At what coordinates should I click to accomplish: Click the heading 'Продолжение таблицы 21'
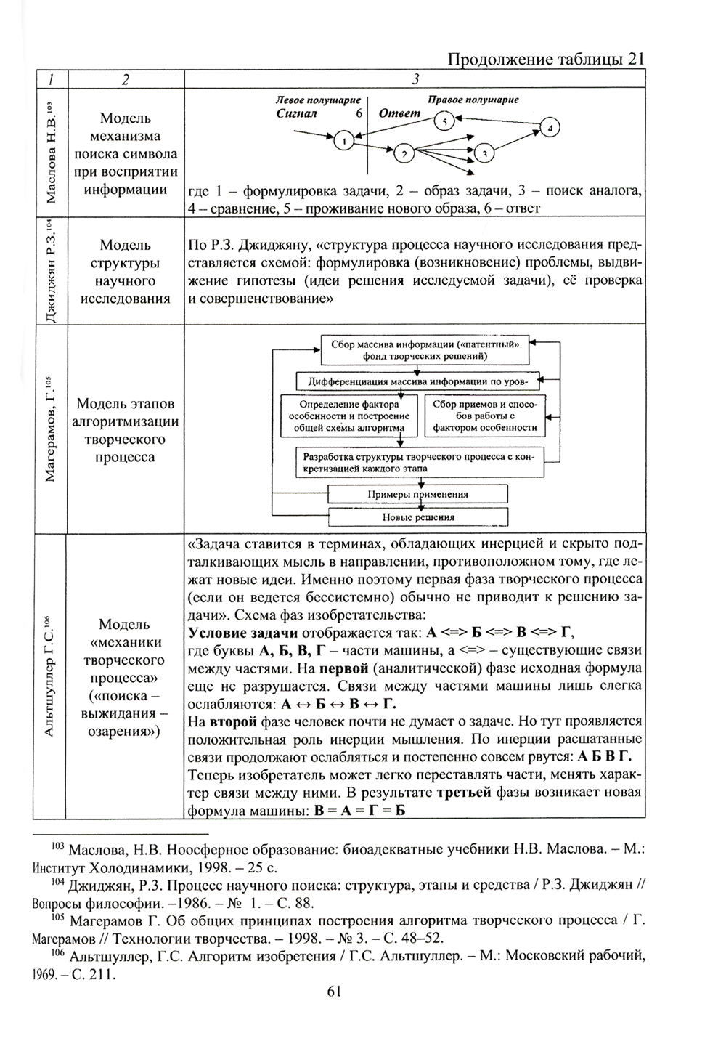click(545, 59)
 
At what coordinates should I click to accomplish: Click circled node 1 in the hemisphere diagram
click(344, 140)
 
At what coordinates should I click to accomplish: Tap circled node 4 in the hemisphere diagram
click(550, 129)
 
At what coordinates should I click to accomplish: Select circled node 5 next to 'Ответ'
click(444, 121)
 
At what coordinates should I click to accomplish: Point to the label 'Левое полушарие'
click(319, 100)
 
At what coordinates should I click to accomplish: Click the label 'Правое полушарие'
click(473, 100)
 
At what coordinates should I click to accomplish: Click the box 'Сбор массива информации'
click(425, 350)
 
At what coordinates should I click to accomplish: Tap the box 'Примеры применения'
click(417, 494)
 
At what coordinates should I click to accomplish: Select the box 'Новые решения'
click(417, 517)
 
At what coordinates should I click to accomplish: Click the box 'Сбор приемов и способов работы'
click(484, 416)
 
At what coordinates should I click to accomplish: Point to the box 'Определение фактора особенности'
click(349, 416)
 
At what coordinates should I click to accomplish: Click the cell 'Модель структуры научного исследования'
click(125, 272)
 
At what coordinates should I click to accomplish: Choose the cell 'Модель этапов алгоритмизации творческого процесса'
click(125, 430)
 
